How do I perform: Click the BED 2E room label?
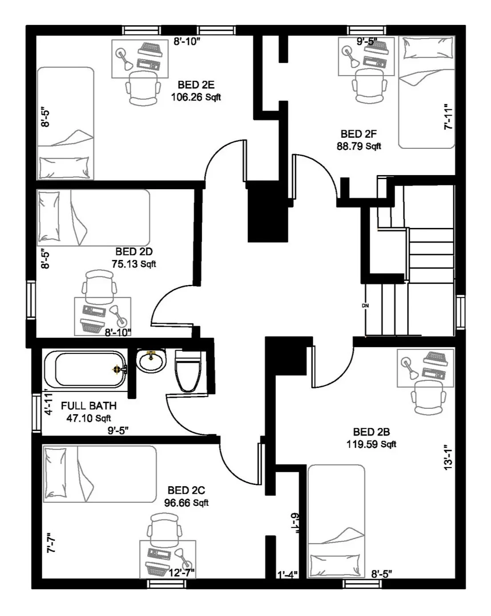tap(196, 85)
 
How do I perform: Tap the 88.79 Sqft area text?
tap(359, 146)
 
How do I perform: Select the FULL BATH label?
tap(89, 406)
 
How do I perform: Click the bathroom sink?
tap(151, 361)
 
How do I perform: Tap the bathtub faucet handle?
tap(116, 369)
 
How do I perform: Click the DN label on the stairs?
tap(365, 306)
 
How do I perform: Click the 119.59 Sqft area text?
tap(371, 444)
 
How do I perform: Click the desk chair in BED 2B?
tap(429, 398)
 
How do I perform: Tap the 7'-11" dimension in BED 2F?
tap(448, 117)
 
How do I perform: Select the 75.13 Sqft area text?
tap(134, 264)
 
